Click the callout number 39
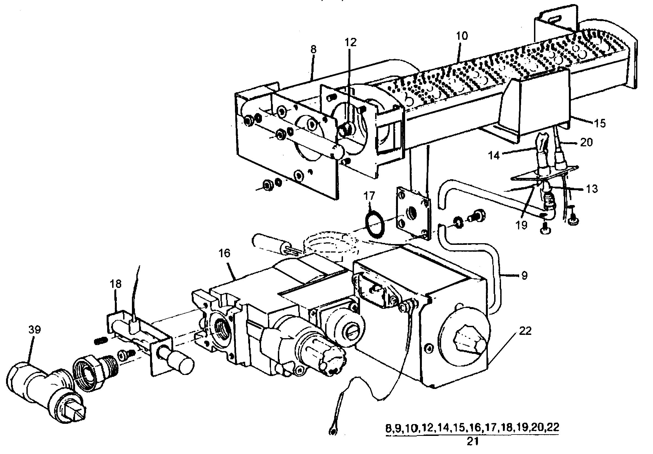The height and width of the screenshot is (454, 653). click(34, 330)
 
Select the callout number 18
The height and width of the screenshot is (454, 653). click(115, 284)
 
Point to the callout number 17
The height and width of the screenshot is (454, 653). click(369, 196)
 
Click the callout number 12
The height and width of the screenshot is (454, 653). click(350, 42)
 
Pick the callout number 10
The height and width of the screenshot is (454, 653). click(462, 36)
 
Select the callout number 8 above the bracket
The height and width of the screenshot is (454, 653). click(313, 50)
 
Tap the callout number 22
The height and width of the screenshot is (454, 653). click(525, 331)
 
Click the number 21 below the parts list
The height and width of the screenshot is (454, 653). click(472, 441)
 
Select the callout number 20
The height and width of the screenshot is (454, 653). click(586, 142)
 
